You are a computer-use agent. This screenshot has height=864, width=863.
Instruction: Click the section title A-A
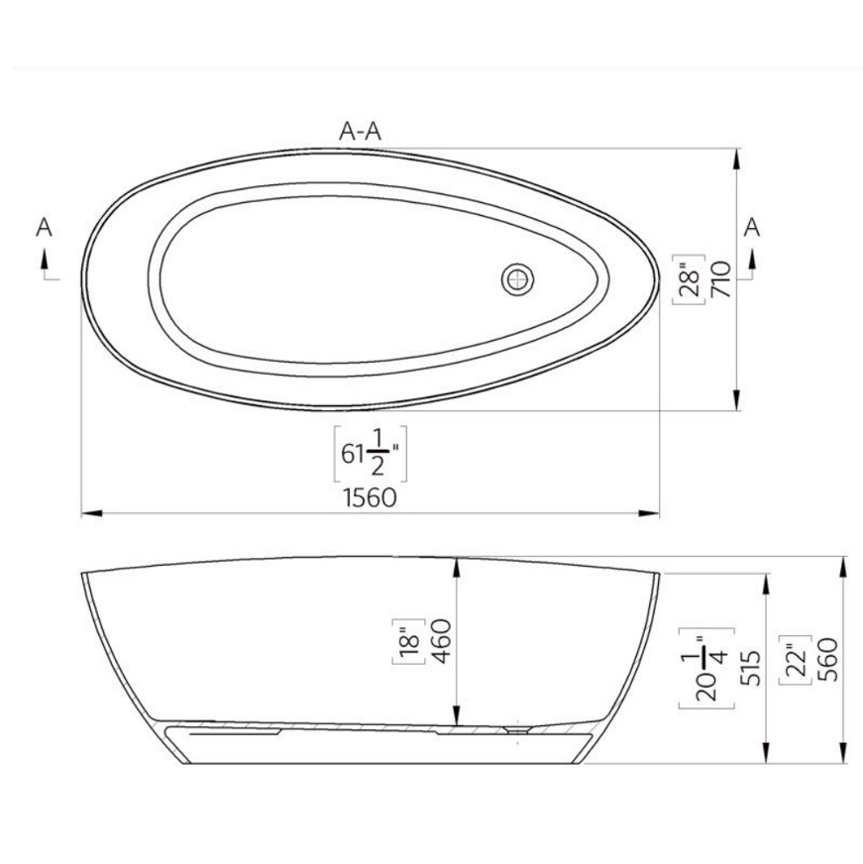pos(360,131)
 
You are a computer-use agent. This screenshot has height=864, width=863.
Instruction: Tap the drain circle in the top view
pos(517,278)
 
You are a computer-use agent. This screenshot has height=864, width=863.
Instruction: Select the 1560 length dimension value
pos(370,497)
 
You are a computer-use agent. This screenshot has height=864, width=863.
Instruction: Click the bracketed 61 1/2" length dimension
pos(371,454)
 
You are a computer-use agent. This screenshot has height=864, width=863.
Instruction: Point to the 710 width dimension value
pos(721,279)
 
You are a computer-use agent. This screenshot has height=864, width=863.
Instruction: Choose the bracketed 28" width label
pos(689,279)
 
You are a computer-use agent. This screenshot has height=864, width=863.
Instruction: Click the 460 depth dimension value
pos(442,641)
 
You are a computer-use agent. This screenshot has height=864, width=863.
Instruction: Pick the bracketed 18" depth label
pos(409,642)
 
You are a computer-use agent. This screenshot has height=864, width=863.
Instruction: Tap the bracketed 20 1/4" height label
pos(707,668)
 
